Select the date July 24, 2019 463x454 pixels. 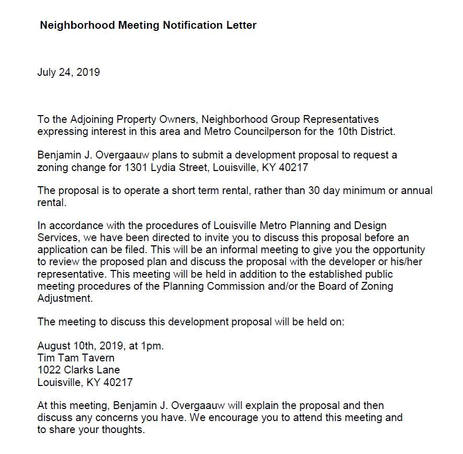pos(69,72)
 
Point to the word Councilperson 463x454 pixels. pos(271,131)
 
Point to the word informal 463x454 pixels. pos(300,250)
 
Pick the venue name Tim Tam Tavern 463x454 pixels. pos(76,358)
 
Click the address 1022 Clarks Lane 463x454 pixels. pos(78,370)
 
